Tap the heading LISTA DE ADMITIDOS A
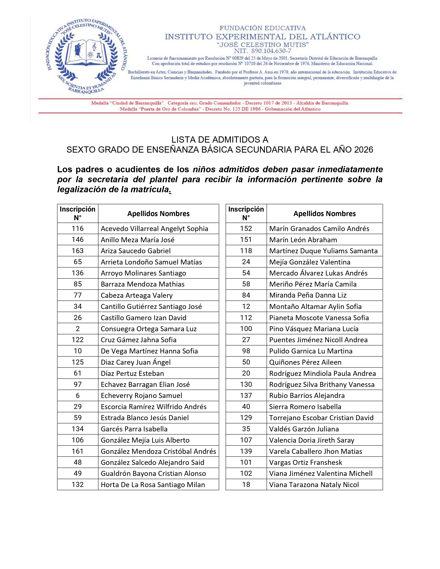pyautogui.click(x=220, y=140)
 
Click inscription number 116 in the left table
pyautogui.click(x=78, y=228)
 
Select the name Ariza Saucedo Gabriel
pyautogui.click(x=136, y=251)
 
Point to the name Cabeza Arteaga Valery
pyautogui.click(x=137, y=295)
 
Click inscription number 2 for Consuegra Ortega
pyautogui.click(x=78, y=328)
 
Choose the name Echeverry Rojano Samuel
pyautogui.click(x=141, y=396)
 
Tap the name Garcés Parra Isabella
pyautogui.click(x=134, y=429)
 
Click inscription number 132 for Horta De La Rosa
pyautogui.click(x=78, y=485)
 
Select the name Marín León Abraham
pyautogui.click(x=303, y=240)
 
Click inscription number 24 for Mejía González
pyautogui.click(x=246, y=262)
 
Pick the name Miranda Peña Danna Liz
pyautogui.click(x=308, y=295)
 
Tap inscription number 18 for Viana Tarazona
pyautogui.click(x=246, y=485)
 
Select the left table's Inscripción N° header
pyautogui.click(x=78, y=213)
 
